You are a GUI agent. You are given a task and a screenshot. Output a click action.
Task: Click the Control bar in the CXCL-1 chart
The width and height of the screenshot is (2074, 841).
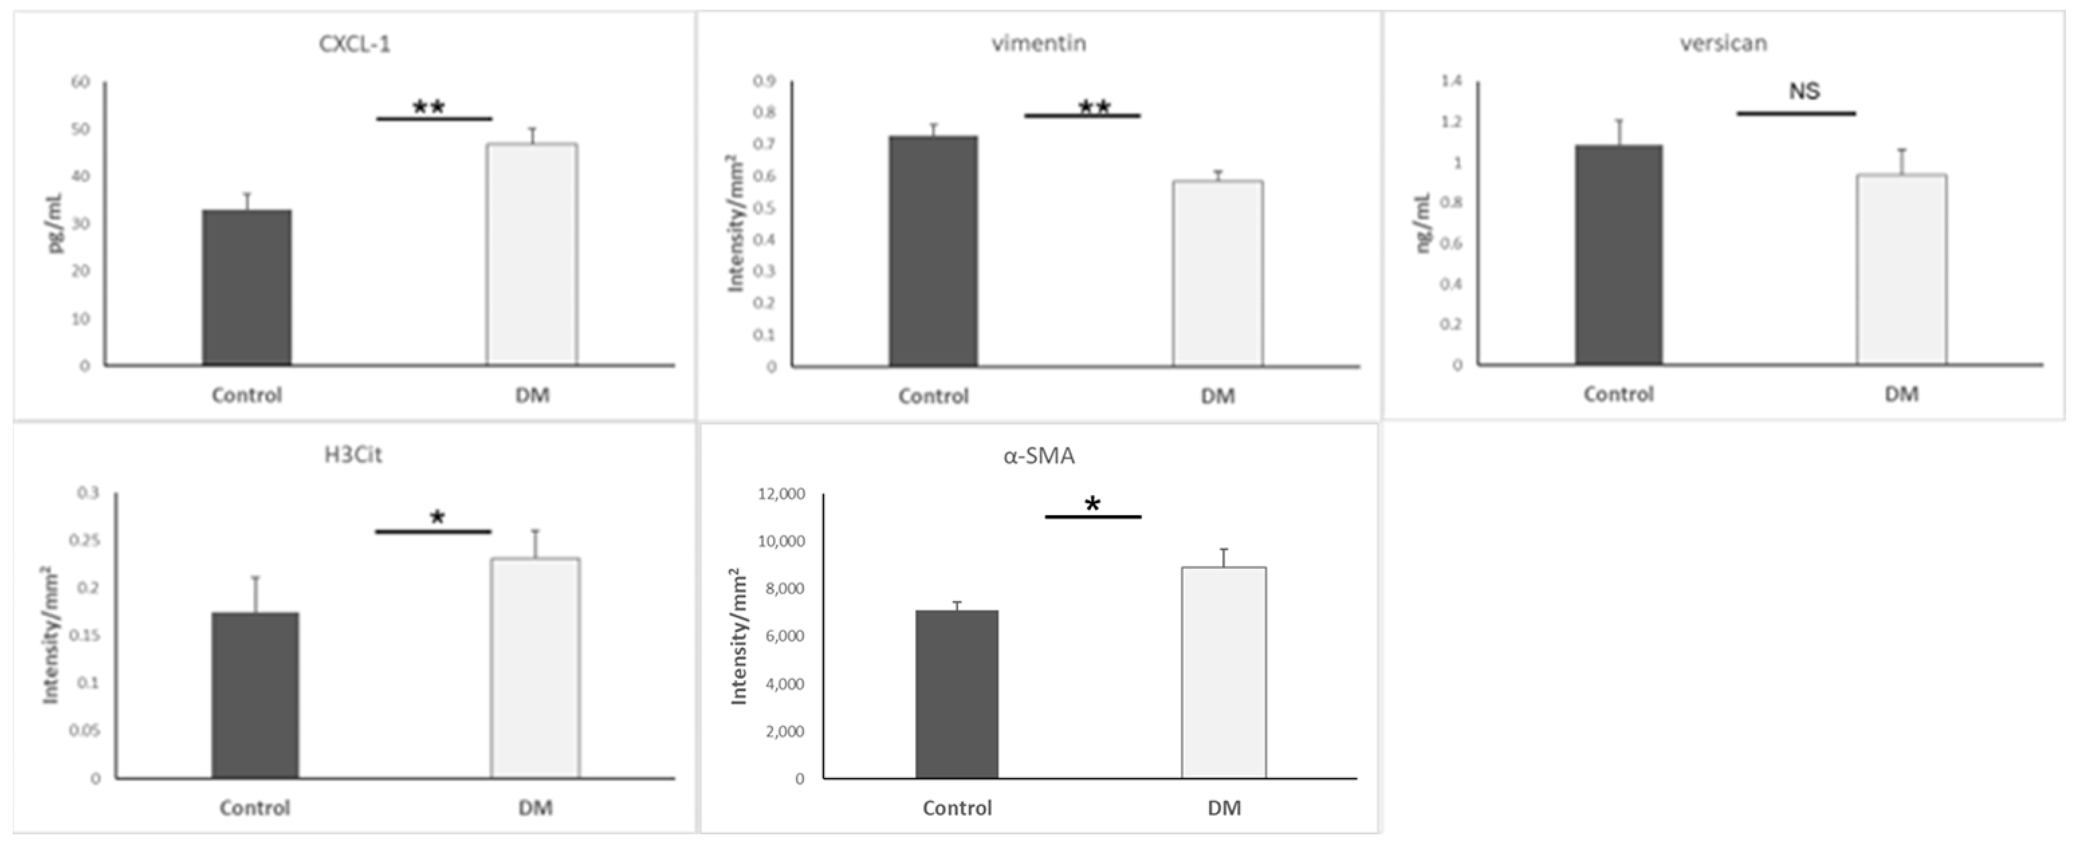pos(247,288)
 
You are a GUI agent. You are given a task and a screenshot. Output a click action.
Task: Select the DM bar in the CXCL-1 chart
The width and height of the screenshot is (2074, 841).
pos(531,255)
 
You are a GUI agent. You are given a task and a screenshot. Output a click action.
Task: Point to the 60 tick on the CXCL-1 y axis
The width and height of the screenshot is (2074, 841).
pos(80,82)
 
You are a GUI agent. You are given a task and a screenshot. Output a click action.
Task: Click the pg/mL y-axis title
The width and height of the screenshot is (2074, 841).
pos(57,224)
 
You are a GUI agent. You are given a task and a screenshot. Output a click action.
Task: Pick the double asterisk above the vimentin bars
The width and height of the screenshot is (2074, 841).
pos(1094,107)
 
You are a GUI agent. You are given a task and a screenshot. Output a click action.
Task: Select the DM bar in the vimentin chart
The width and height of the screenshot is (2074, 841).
pos(1217,273)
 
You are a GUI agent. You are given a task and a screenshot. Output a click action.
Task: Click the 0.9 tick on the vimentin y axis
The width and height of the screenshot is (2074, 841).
pos(764,80)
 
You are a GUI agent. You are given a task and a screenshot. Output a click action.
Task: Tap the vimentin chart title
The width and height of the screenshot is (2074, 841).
pos(1039,44)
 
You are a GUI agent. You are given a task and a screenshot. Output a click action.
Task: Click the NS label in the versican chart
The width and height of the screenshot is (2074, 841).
pos(1804,92)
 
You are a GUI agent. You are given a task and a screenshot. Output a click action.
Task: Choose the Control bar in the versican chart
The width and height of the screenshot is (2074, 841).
pos(1618,256)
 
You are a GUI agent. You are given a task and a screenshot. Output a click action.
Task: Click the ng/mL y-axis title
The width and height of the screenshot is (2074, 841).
pos(1424,224)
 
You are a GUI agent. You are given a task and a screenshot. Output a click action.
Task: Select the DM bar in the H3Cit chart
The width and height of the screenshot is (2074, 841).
pos(535,668)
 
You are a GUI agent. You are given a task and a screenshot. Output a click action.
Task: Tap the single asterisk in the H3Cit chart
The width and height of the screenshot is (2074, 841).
pos(437,517)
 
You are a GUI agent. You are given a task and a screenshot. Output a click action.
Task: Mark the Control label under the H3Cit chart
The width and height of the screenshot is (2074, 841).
pos(254,807)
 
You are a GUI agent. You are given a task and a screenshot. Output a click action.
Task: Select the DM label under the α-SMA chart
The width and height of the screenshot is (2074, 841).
pos(1224,807)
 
